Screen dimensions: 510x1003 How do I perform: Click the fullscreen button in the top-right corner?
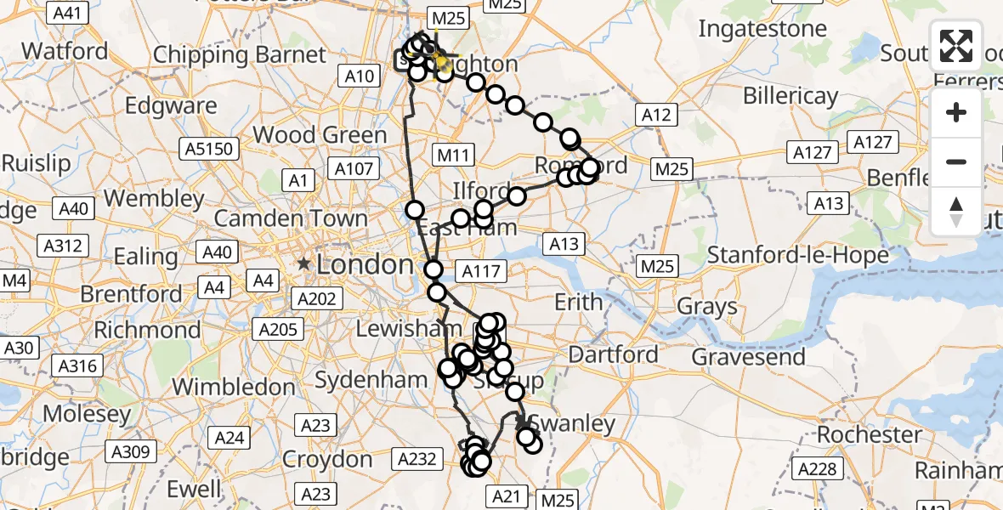tap(956, 46)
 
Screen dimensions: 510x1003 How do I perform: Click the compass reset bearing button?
tap(956, 212)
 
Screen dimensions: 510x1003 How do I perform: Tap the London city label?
tap(365, 264)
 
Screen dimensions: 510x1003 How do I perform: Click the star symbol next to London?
tap(303, 264)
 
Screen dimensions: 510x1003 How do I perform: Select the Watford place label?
tap(65, 51)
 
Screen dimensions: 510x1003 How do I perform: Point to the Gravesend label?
tap(748, 356)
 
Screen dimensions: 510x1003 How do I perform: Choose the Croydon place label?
tap(328, 460)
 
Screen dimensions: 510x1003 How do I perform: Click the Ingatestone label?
tap(762, 29)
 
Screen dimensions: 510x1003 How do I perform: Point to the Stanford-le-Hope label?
tap(798, 254)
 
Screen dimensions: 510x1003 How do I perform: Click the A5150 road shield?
tap(208, 150)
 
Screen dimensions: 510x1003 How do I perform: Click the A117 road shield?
tap(481, 271)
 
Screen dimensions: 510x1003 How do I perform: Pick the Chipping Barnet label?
tap(240, 55)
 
